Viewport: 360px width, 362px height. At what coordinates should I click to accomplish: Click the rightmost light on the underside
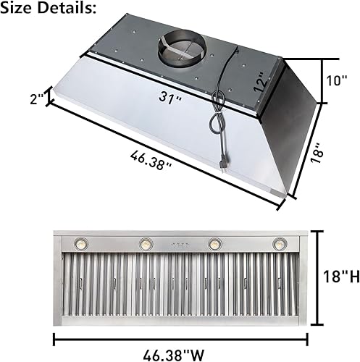click(x=279, y=244)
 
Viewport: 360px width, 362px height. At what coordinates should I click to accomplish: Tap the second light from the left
click(x=145, y=243)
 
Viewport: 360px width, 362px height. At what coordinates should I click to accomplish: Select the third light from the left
click(x=215, y=243)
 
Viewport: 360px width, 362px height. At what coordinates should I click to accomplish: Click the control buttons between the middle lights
click(x=180, y=244)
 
